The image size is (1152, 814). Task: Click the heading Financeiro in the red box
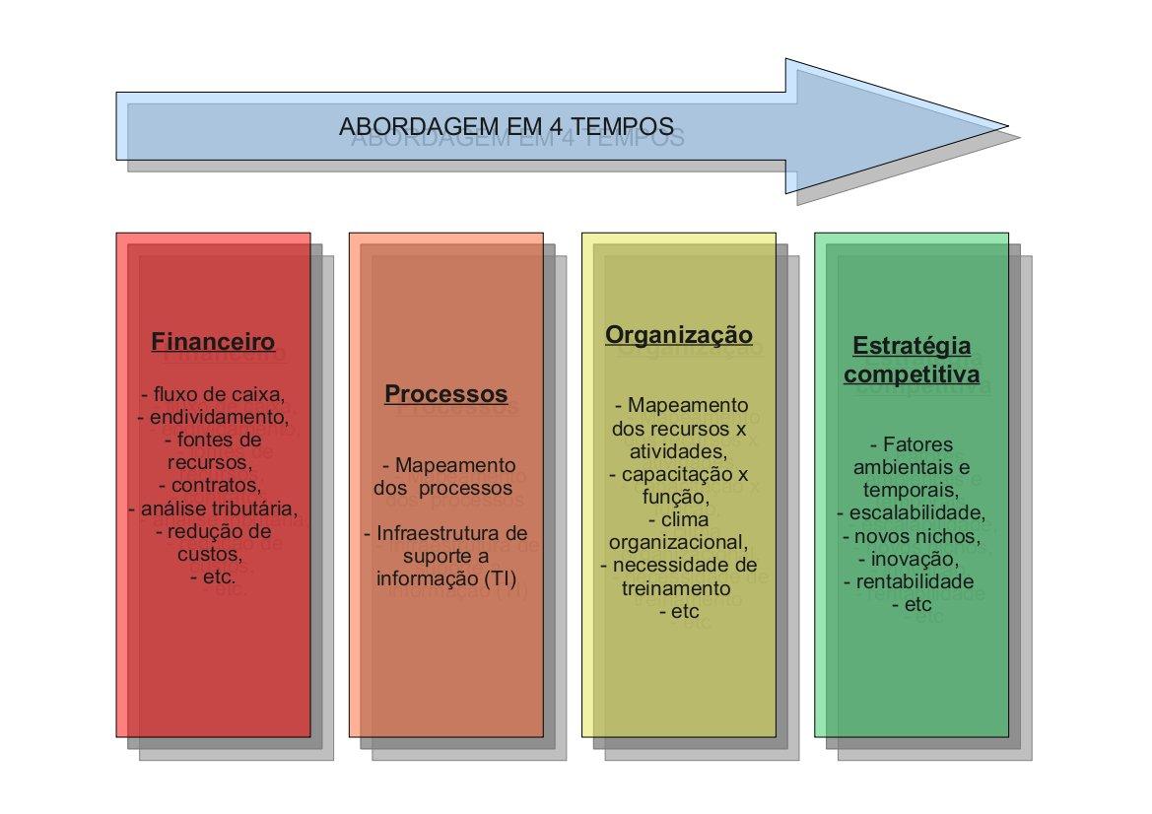[x=213, y=342]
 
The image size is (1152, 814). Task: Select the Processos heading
[x=446, y=394]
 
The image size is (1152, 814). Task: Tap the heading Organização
[x=679, y=335]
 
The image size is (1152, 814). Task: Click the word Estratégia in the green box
[x=912, y=346]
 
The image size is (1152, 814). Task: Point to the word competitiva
[x=912, y=374]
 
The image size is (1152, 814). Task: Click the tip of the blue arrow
[x=1008, y=126]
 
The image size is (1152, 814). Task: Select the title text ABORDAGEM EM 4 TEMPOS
[x=507, y=126]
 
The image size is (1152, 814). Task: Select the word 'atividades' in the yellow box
[x=678, y=451]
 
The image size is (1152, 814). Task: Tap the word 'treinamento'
[x=676, y=588]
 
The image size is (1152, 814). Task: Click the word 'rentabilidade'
[x=915, y=581]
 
